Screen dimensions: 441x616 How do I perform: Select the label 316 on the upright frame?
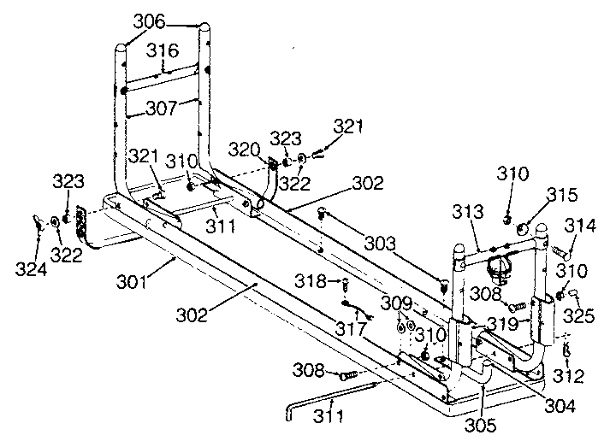click(161, 52)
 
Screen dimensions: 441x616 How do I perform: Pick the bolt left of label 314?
click(560, 253)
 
